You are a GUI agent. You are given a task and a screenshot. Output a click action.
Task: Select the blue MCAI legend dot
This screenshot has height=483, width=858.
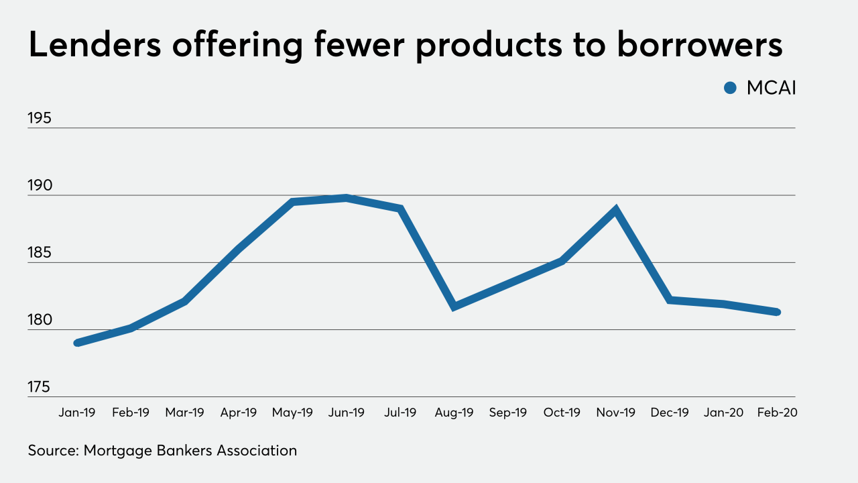pyautogui.click(x=731, y=88)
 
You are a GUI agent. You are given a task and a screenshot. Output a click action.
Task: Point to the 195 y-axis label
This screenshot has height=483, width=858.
pyautogui.click(x=40, y=118)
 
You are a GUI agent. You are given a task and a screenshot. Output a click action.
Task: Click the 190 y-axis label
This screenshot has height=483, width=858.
pyautogui.click(x=40, y=186)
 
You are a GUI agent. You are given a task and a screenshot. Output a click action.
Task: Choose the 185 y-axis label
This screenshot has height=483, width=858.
pyautogui.click(x=40, y=253)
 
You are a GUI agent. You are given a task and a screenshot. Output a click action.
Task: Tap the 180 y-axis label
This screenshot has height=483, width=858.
pyautogui.click(x=40, y=320)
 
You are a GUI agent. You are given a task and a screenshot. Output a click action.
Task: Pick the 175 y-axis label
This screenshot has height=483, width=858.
pyautogui.click(x=40, y=387)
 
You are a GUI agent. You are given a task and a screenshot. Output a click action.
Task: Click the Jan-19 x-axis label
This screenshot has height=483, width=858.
pyautogui.click(x=77, y=413)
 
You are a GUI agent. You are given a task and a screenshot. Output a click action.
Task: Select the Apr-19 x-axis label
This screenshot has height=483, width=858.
pyautogui.click(x=239, y=413)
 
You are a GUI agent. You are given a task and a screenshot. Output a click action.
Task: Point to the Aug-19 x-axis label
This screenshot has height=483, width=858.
pyautogui.click(x=454, y=413)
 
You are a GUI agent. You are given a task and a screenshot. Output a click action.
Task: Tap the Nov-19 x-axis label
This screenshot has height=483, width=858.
pyautogui.click(x=616, y=413)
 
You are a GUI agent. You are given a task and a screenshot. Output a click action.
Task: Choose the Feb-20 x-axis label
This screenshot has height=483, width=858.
pyautogui.click(x=778, y=413)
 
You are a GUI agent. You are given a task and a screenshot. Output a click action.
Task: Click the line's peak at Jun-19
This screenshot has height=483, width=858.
pyautogui.click(x=347, y=197)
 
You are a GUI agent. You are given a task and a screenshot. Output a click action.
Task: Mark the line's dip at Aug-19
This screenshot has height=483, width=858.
pyautogui.click(x=454, y=307)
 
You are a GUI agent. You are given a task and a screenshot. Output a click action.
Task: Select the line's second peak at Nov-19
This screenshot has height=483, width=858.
pyautogui.click(x=616, y=209)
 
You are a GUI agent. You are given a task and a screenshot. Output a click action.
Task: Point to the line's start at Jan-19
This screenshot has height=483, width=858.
pyautogui.click(x=77, y=343)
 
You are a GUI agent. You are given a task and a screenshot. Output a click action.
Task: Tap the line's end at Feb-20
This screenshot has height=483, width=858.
pyautogui.click(x=778, y=312)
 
